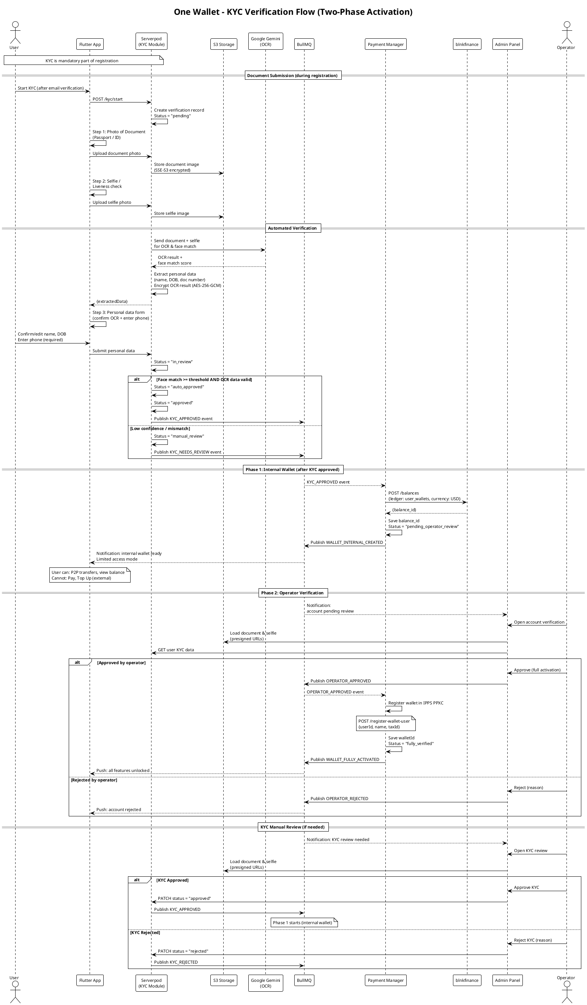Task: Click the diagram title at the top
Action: [293, 12]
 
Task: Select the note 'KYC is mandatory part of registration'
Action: [84, 60]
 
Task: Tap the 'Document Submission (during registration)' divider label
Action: [293, 76]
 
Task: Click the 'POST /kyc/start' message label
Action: [108, 99]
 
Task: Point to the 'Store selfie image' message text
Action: [172, 213]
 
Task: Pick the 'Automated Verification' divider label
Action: [293, 228]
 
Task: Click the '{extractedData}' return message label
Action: [112, 301]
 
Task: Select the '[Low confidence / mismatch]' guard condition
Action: [160, 428]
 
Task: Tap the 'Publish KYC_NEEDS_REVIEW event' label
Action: [188, 452]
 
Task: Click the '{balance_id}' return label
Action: [404, 510]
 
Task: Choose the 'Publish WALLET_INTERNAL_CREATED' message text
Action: [347, 542]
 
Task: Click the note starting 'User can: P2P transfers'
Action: [90, 575]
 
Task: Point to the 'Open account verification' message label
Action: [539, 622]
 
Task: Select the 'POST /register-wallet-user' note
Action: [386, 723]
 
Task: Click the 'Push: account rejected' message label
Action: [118, 810]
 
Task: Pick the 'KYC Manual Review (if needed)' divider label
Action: [293, 827]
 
